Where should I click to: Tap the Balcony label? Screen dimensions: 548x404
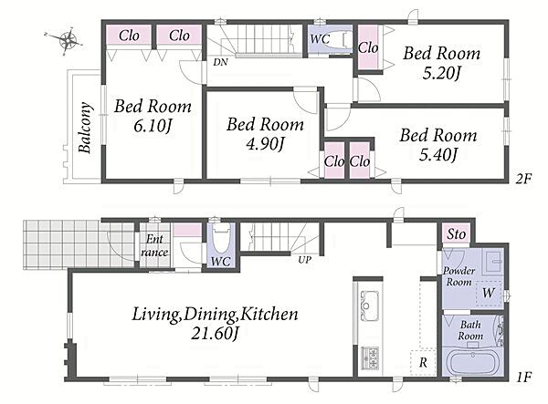(x=85, y=128)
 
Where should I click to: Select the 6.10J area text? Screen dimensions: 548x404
(x=153, y=126)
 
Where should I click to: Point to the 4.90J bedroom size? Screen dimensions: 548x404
(x=264, y=144)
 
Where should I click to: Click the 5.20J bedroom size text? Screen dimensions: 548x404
(x=442, y=73)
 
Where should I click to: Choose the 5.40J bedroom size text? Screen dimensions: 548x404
(x=437, y=154)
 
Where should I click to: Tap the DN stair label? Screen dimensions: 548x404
(x=220, y=62)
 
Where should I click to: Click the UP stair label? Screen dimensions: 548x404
(x=305, y=260)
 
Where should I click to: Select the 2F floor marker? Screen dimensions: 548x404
(x=523, y=179)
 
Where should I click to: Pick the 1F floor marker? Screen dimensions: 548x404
(x=523, y=377)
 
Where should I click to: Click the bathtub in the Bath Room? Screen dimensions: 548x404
(x=472, y=363)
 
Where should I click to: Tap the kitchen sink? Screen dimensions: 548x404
(x=369, y=306)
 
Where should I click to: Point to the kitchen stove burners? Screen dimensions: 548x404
(x=370, y=358)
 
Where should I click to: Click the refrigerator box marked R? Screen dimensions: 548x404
(x=423, y=362)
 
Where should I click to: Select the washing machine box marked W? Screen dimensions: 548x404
(x=489, y=293)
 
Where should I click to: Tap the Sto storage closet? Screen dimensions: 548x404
(x=456, y=233)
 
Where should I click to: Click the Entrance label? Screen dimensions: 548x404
(x=154, y=245)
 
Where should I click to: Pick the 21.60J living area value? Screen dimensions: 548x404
(x=215, y=334)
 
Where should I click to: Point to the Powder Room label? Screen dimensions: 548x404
(x=458, y=276)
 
